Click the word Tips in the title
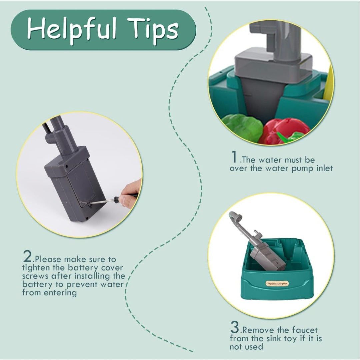click(153, 30)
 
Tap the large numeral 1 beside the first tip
click(234, 157)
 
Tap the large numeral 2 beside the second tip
click(28, 256)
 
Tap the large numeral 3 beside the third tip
click(235, 327)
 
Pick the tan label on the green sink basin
click(277, 284)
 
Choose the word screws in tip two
click(35, 276)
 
